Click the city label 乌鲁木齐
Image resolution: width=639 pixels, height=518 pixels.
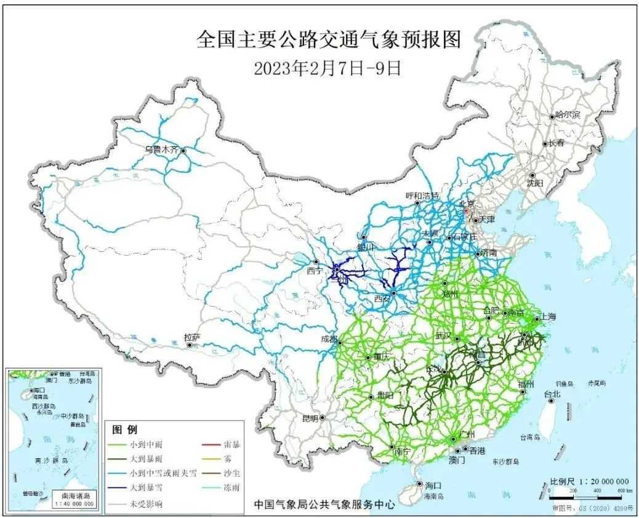point(162,149)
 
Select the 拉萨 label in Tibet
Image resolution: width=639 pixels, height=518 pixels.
point(192,337)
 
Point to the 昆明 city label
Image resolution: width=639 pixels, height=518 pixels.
point(310,418)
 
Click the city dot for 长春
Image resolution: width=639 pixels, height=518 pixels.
point(545,144)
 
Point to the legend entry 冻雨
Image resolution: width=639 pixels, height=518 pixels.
point(223,489)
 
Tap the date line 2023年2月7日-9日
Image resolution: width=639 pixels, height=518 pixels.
point(327,68)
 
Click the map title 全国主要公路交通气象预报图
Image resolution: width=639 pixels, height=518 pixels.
point(327,41)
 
